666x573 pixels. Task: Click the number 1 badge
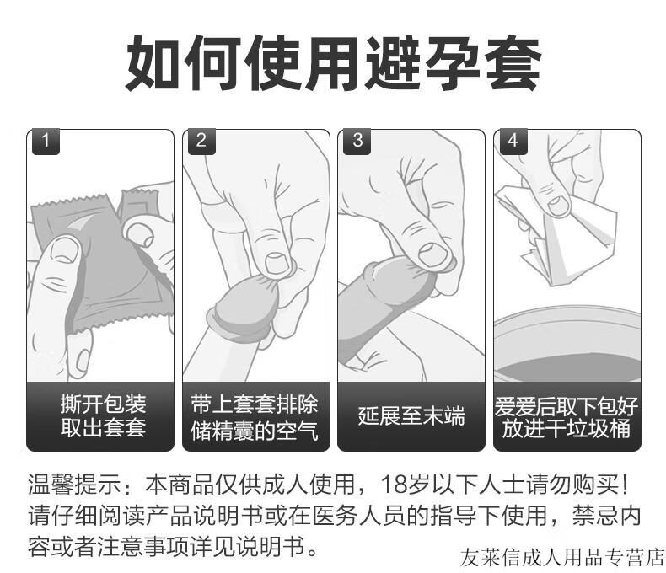click(46, 141)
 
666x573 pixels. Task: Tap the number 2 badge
click(201, 141)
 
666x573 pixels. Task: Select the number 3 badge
click(357, 141)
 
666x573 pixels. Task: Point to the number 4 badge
click(513, 141)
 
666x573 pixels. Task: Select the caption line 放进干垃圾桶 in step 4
click(567, 429)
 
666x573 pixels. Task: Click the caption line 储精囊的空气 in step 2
click(256, 430)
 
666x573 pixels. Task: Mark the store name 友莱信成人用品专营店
click(563, 557)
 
